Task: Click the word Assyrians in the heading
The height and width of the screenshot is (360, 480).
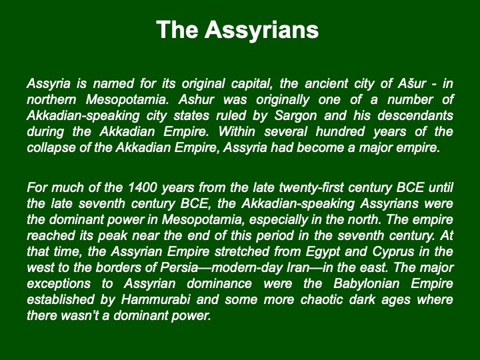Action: [262, 30]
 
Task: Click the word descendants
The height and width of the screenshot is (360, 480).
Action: [415, 115]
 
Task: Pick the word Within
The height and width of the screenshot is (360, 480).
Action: [237, 131]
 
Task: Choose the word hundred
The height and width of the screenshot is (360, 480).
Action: [340, 131]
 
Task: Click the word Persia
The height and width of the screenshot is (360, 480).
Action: [179, 267]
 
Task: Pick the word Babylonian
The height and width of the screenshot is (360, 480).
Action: [367, 284]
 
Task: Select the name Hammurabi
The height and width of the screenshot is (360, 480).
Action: [155, 299]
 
